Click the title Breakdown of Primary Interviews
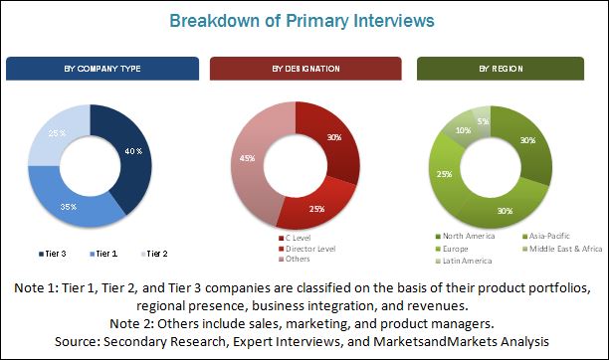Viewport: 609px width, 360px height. click(302, 21)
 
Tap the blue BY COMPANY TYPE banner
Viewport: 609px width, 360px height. click(102, 69)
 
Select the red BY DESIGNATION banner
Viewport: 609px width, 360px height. click(305, 69)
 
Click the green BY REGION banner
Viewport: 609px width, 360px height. click(501, 69)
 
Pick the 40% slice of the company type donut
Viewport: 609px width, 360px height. click(132, 155)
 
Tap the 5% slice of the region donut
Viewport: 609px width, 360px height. click(482, 120)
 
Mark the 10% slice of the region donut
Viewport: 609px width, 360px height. click(461, 129)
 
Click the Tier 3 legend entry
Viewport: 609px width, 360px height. click(53, 254)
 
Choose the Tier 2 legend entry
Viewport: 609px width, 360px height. click(154, 254)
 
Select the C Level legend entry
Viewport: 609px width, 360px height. click(295, 238)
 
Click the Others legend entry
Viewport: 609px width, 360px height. click(294, 259)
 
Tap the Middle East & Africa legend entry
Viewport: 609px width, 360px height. click(562, 249)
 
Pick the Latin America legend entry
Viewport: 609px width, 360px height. click(464, 261)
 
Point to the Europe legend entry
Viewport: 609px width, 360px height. click(452, 249)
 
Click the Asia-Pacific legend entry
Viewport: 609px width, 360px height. click(546, 236)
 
